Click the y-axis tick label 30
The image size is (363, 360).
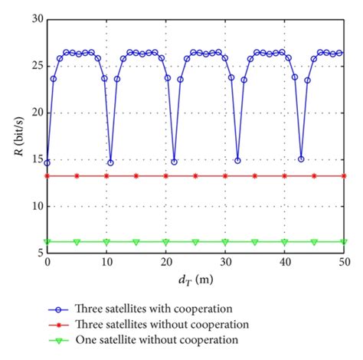click(x=37, y=18)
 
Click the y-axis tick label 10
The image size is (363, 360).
click(x=37, y=207)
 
